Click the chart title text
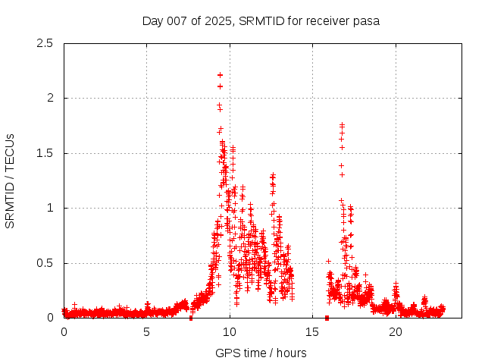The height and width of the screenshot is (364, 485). [261, 20]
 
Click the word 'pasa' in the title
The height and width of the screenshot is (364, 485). [365, 20]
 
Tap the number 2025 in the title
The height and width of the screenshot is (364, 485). [217, 20]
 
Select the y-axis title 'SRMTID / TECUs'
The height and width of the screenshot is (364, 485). [11, 180]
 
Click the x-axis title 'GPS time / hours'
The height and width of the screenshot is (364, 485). [261, 353]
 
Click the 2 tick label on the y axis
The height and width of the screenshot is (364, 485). [50, 98]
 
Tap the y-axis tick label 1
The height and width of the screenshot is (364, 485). [50, 208]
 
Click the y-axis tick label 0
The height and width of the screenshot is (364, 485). [50, 318]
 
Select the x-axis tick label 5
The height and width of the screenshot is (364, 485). [146, 332]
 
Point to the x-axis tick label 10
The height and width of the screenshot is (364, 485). [229, 332]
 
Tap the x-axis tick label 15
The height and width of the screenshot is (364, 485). [312, 332]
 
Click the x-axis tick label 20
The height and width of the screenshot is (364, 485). [395, 332]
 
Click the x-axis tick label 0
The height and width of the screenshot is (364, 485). [64, 332]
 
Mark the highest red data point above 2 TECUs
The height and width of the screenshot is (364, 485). [220, 75]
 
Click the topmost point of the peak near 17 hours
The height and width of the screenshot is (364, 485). [342, 125]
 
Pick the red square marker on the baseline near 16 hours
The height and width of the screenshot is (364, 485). [327, 318]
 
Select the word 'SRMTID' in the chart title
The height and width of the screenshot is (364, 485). [259, 20]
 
